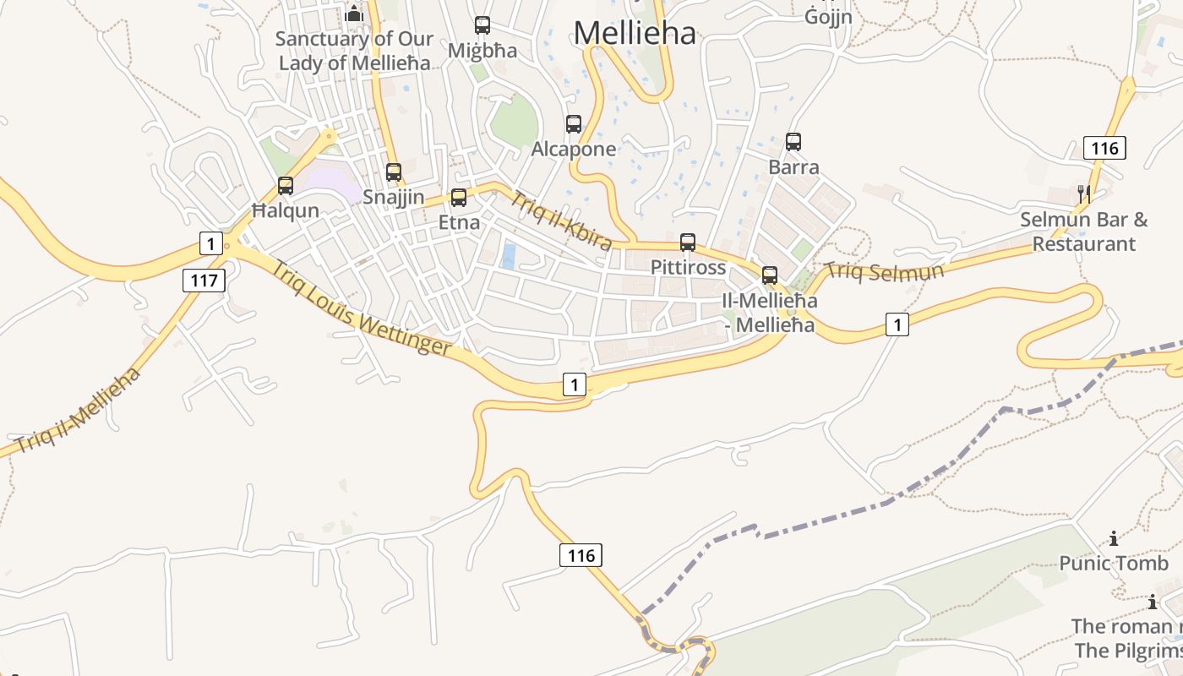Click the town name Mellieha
coord(635,33)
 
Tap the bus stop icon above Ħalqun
coord(286,186)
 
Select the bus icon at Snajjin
coord(394,172)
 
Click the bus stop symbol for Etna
coord(459,198)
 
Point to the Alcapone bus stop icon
coord(574,124)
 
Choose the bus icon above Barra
coord(793,142)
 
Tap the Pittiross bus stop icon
coord(688,243)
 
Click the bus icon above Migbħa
coord(482,25)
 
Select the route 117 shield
coord(204,281)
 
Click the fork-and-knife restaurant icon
coord(1084,194)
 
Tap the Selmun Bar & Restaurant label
coord(1084,232)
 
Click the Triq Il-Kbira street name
coord(560,221)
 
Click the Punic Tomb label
coord(1114,563)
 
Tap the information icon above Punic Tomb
coord(1114,538)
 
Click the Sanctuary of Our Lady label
coord(355,50)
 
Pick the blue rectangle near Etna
coord(509,255)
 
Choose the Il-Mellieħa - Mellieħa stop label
coord(769,313)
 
